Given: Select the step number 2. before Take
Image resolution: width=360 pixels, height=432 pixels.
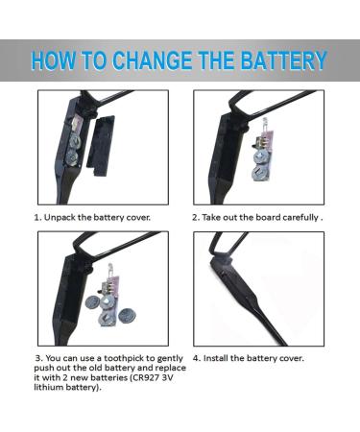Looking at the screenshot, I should [196, 218].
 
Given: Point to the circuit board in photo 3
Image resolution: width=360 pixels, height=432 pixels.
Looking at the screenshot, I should [112, 286].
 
